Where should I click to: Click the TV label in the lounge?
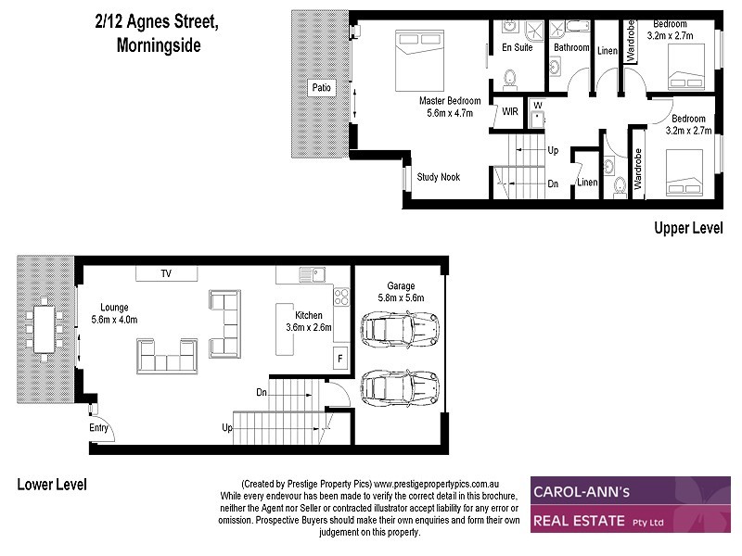tap(166, 273)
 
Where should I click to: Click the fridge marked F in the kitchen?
tap(340, 358)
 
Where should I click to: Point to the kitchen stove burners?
tap(340, 298)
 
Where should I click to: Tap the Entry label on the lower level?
tap(98, 428)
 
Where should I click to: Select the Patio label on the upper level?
tap(321, 88)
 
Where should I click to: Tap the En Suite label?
tap(517, 47)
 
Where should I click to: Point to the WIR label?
tap(510, 111)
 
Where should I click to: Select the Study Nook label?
tap(438, 177)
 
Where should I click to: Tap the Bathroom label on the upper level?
tap(571, 47)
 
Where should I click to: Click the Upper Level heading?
tap(687, 228)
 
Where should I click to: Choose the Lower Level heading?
tap(51, 485)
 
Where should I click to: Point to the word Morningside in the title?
tap(159, 44)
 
